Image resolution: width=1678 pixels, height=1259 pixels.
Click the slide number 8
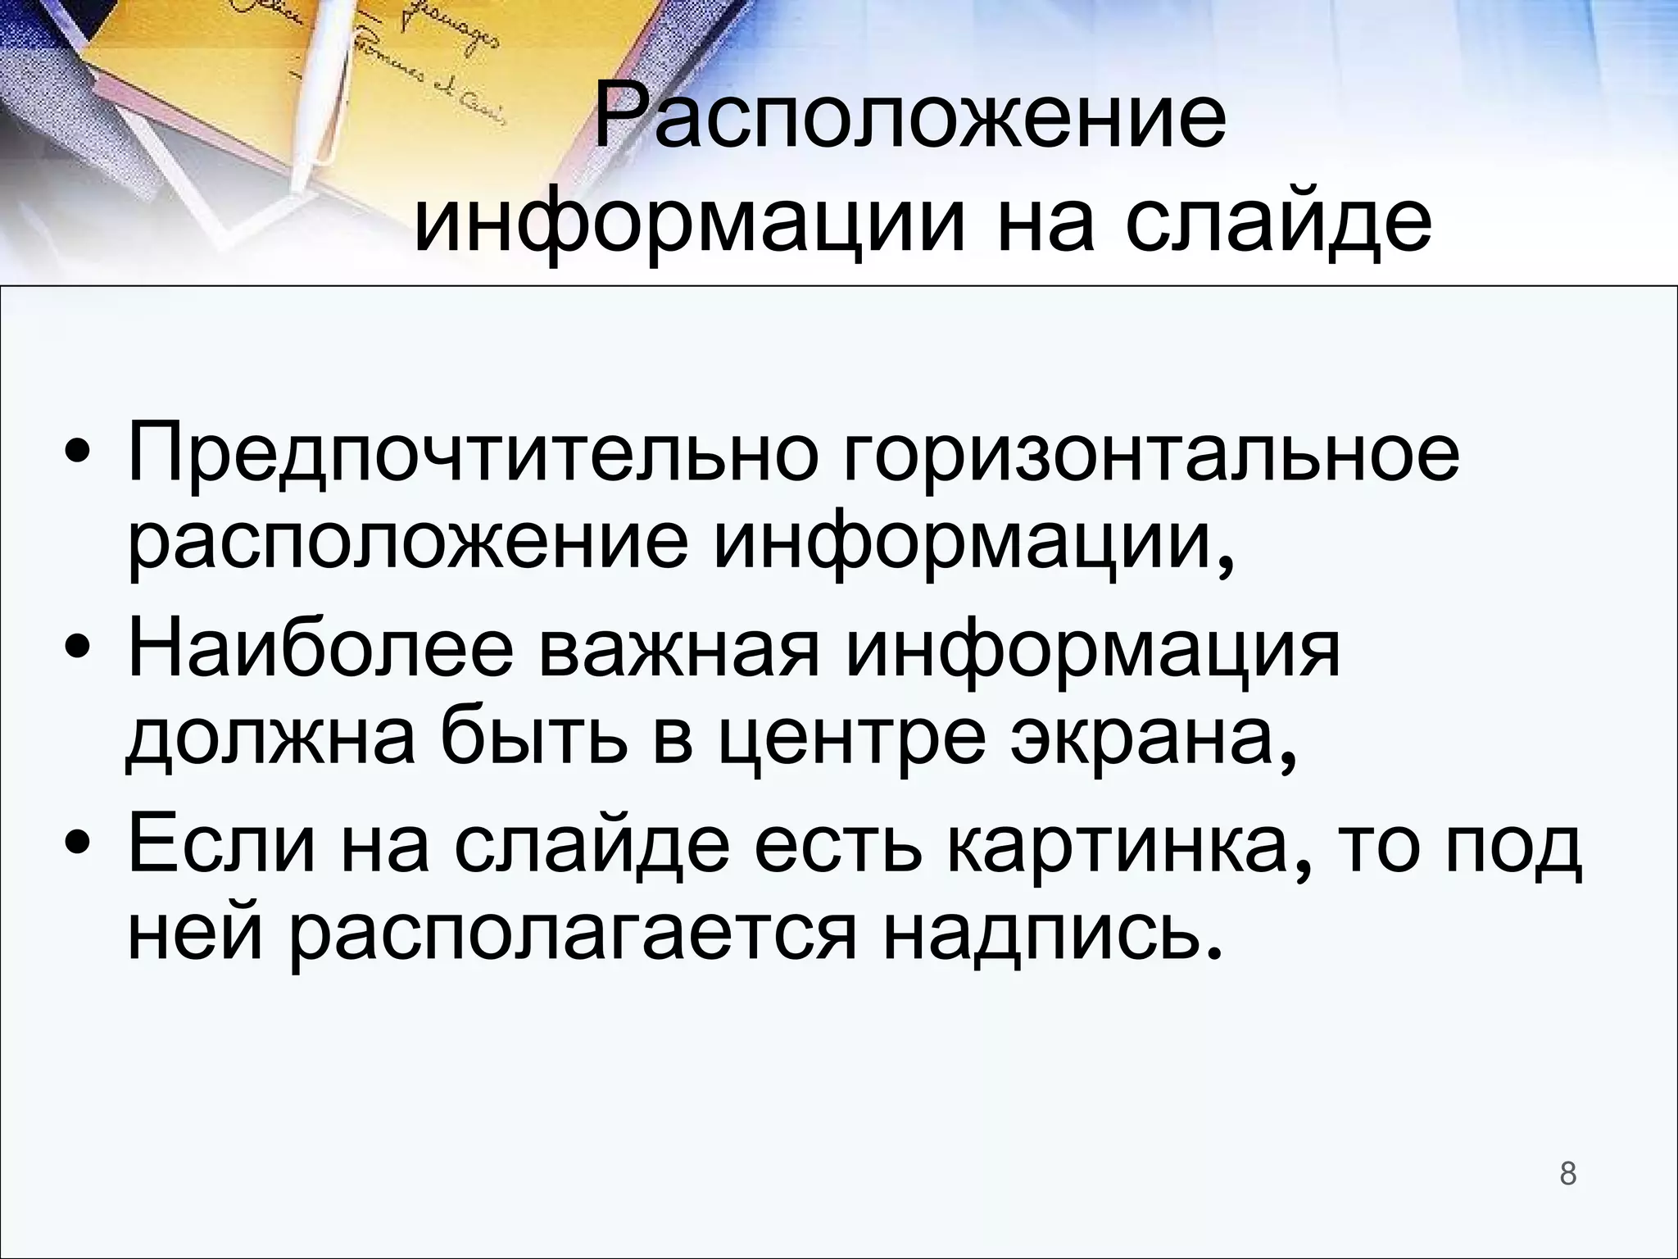pyautogui.click(x=1567, y=1173)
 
